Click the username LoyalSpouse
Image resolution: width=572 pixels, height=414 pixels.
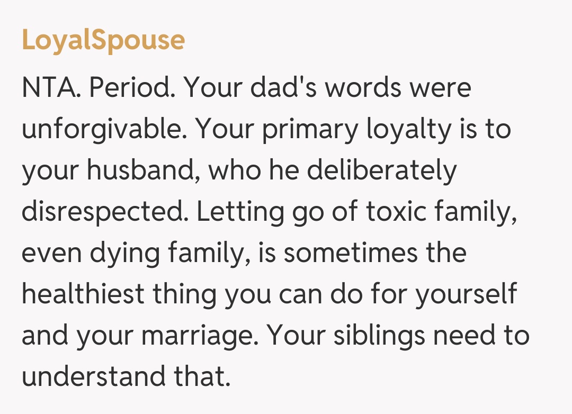tap(103, 40)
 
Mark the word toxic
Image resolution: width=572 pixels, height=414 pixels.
tap(396, 212)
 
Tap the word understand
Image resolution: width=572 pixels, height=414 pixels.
tap(93, 377)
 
